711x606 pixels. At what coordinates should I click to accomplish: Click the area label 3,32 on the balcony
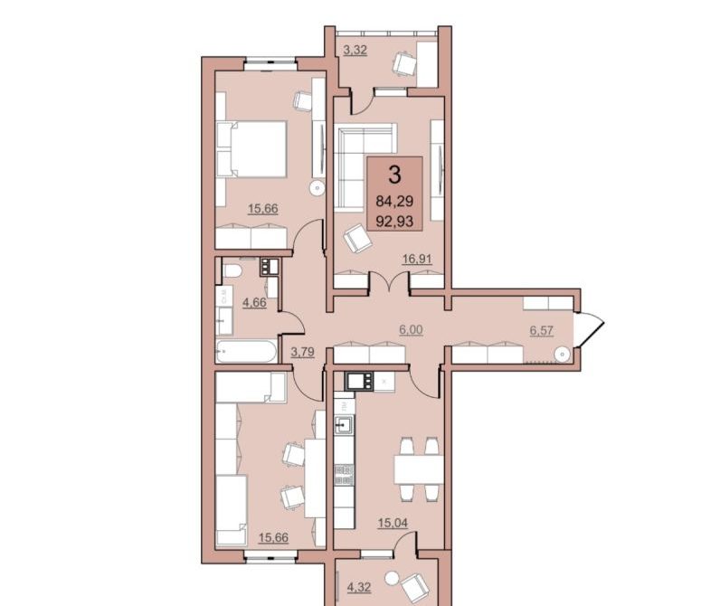[x=355, y=50]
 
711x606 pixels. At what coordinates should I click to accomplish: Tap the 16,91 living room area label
[x=417, y=259]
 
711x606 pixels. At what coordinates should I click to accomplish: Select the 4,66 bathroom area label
[x=254, y=302]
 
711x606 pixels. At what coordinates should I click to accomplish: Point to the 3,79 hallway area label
[x=302, y=352]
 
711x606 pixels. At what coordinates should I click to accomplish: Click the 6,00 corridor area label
[x=411, y=329]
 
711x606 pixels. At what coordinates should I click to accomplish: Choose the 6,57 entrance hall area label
[x=542, y=330]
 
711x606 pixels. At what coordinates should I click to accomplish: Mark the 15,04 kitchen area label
[x=393, y=523]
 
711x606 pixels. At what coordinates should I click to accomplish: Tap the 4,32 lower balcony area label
[x=359, y=588]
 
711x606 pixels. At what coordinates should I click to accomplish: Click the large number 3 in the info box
[x=395, y=175]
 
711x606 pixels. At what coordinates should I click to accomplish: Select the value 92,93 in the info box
[x=395, y=222]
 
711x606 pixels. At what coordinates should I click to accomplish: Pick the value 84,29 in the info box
[x=395, y=200]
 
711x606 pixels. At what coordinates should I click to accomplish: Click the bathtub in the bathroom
[x=246, y=351]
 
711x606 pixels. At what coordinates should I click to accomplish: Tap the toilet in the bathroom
[x=232, y=271]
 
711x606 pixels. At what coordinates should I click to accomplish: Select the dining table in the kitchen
[x=419, y=469]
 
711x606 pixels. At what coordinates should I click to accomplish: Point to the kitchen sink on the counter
[x=344, y=425]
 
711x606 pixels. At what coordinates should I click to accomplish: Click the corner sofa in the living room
[x=365, y=167]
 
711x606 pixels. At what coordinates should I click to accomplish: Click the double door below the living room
[x=389, y=282]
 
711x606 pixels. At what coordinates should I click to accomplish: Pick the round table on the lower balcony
[x=392, y=578]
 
